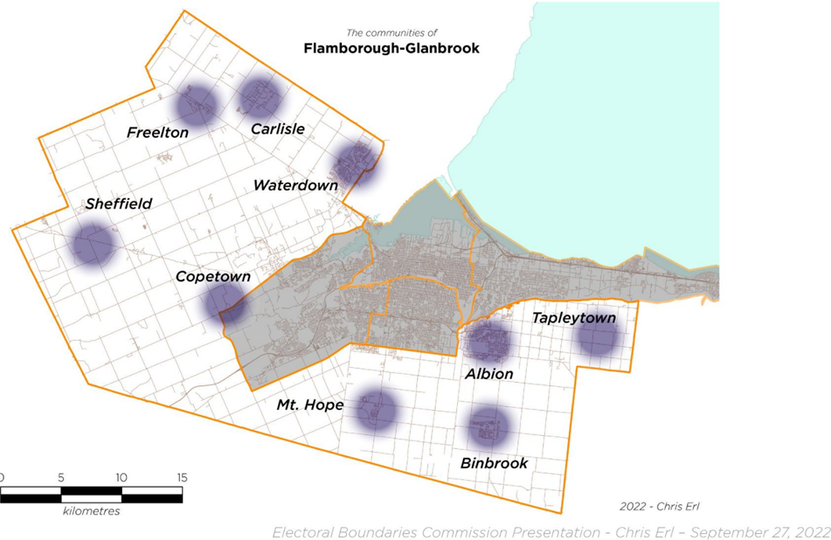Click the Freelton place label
pos(157,133)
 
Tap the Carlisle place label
pos(277,129)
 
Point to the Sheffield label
pos(119,204)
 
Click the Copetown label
pos(213,277)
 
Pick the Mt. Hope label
pos(309,405)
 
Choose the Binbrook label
pos(494,463)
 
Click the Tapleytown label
pos(574,318)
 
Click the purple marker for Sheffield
pos(93,245)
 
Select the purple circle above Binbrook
pos(488,427)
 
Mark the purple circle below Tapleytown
pos(599,339)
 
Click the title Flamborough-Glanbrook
pos(391,49)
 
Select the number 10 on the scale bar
pos(121,478)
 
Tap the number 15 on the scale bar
pos(182,478)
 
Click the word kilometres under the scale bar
pos(92,511)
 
